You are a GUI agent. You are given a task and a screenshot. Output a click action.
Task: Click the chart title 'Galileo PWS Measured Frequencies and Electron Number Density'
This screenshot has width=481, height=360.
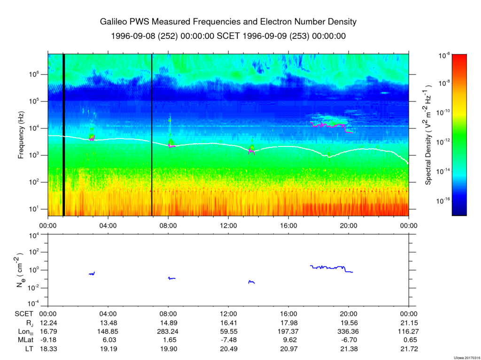[228, 22]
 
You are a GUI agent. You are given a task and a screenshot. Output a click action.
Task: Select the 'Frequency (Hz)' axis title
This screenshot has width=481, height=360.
[21, 135]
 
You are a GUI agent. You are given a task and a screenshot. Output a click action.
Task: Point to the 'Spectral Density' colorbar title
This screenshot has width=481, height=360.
[428, 135]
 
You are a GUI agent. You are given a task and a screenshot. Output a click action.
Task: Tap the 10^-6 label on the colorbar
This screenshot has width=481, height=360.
[444, 55]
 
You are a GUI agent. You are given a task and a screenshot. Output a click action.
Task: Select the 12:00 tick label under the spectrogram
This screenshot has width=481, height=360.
[228, 225]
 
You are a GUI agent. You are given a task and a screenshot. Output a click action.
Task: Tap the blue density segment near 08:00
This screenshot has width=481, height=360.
[172, 278]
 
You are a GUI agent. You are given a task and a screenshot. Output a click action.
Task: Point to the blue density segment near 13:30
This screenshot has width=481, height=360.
[251, 282]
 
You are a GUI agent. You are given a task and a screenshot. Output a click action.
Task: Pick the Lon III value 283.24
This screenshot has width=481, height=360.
[168, 331]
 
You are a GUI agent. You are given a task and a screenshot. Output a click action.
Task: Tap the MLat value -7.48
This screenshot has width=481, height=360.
[228, 340]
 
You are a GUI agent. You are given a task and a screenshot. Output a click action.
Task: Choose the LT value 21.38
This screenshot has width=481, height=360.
[348, 349]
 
